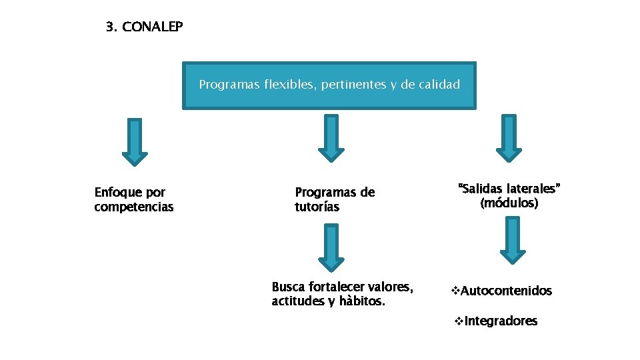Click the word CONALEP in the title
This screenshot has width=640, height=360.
click(153, 27)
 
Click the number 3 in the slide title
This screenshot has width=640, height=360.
click(110, 27)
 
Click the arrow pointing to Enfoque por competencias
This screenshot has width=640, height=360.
click(135, 141)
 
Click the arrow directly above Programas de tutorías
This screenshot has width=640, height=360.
click(331, 138)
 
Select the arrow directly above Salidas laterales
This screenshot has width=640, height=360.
click(509, 138)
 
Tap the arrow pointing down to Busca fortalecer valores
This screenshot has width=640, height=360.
click(331, 247)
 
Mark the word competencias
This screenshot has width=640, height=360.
click(133, 207)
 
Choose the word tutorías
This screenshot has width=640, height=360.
click(317, 207)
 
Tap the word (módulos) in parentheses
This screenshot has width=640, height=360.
click(509, 203)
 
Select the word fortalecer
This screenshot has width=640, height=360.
click(334, 287)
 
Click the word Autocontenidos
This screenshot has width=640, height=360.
click(506, 291)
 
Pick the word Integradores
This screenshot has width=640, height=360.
click(501, 321)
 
